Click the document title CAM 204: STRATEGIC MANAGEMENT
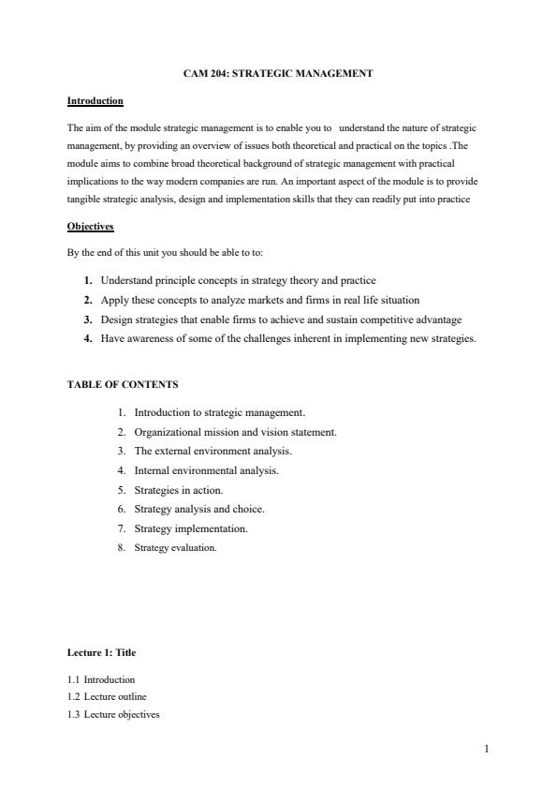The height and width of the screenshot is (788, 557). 278,73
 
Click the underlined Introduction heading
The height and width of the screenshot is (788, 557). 95,100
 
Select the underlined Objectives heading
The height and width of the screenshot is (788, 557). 90,227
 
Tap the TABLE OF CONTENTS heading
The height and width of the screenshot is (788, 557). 123,384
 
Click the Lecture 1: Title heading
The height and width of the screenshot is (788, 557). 102,652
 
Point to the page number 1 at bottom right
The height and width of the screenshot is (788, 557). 487,749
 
